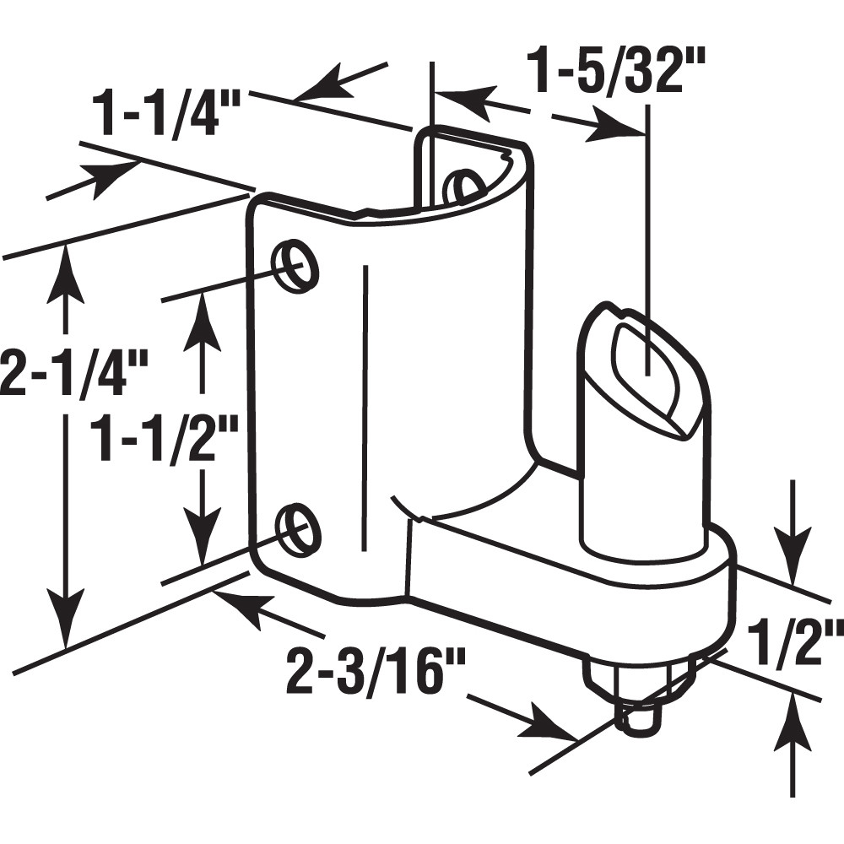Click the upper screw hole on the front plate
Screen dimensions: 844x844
coord(298,267)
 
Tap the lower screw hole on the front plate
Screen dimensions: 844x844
coord(298,528)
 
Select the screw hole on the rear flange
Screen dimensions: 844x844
coord(462,187)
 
